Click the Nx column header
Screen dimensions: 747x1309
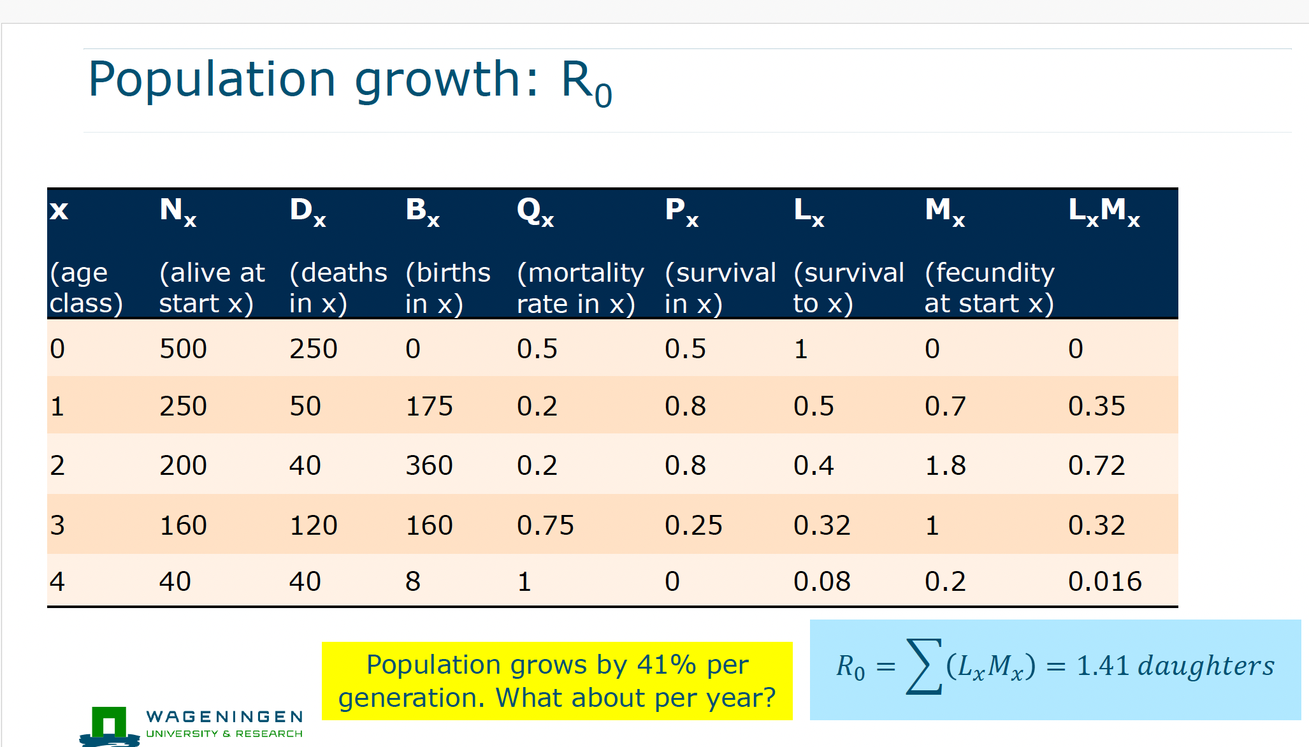point(178,211)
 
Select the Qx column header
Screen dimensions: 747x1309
point(535,211)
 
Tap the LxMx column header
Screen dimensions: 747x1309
point(1103,211)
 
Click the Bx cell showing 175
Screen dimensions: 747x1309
point(429,406)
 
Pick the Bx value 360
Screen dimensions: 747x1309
point(429,465)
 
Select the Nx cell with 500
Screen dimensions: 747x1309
point(183,349)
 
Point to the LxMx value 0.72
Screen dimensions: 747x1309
point(1096,465)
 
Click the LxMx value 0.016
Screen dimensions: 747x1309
point(1104,581)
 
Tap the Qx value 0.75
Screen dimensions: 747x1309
point(545,525)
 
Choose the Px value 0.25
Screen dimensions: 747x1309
point(693,525)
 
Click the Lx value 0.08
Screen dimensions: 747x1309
point(821,581)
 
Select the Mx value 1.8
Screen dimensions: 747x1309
point(945,465)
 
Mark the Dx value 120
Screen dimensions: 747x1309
point(313,525)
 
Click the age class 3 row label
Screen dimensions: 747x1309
point(57,525)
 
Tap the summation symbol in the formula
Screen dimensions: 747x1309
point(923,666)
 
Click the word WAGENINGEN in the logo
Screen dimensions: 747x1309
point(224,717)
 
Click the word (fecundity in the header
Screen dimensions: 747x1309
point(989,273)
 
